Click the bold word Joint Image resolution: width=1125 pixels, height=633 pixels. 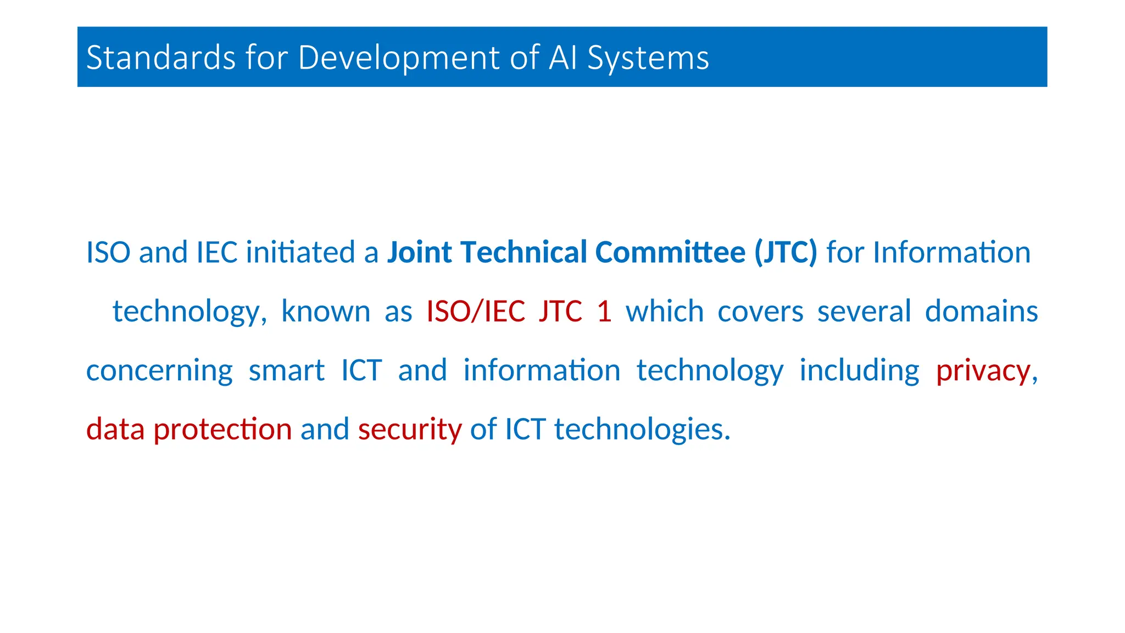coord(420,253)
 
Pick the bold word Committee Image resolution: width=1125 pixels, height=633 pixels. coord(670,253)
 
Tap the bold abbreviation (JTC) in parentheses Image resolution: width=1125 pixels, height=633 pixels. coord(786,253)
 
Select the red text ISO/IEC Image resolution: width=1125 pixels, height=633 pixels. coord(476,312)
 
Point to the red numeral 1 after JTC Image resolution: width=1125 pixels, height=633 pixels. coord(604,312)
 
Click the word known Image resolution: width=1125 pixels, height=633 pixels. coord(326,312)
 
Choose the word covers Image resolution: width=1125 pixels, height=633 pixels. coord(760,312)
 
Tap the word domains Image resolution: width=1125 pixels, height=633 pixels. coord(981,312)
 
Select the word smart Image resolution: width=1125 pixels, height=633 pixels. coord(286,370)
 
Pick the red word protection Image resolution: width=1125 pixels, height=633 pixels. coord(222,429)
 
